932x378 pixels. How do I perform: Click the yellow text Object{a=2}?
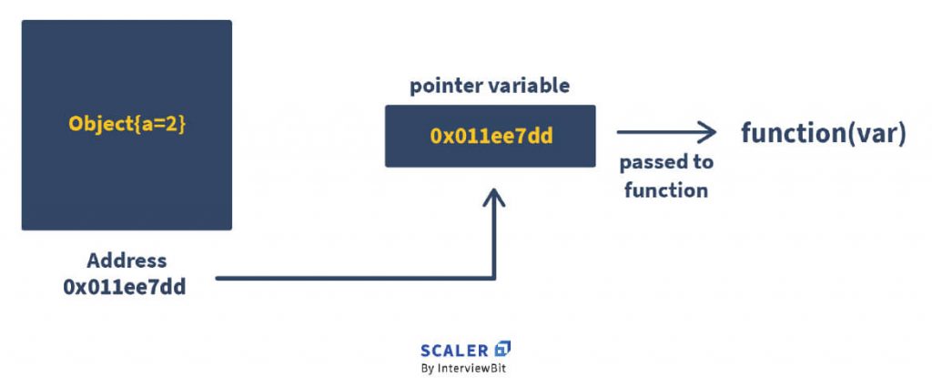coord(127,125)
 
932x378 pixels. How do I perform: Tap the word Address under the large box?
coord(127,261)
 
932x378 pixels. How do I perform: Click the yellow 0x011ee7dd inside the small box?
coord(491,137)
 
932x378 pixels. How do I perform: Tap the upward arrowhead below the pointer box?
coord(493,198)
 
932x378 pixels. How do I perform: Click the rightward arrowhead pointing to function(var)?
coord(708,133)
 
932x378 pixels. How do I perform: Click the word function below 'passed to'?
coord(665,189)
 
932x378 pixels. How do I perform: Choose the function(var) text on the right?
coord(823,133)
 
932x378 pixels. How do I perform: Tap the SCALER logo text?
coord(455,349)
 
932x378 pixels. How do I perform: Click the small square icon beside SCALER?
coord(502,348)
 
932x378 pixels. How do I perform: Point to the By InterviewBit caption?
coord(466,369)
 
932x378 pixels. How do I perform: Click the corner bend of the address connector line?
coord(493,278)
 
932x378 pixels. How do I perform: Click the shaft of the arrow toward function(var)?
coord(655,133)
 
